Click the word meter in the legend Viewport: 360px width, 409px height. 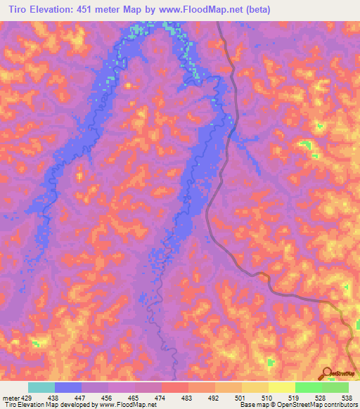10,397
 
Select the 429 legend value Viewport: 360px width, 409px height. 26,397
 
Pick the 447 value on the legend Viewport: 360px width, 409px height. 82,397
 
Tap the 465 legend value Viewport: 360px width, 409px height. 135,397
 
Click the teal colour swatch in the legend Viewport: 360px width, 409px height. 41,387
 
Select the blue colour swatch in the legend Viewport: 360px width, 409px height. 68,387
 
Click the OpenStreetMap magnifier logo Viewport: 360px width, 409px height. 326,372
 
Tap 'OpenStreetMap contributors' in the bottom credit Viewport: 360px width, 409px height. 319,405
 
